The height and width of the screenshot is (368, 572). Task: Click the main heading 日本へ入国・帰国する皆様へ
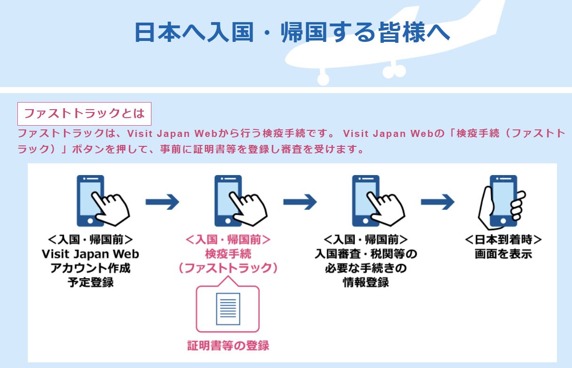pyautogui.click(x=292, y=32)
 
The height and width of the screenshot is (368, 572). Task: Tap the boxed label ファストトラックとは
pyautogui.click(x=84, y=113)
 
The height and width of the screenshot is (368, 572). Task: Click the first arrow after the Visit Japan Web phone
pyautogui.click(x=162, y=202)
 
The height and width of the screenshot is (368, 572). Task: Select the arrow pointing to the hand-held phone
pyautogui.click(x=437, y=202)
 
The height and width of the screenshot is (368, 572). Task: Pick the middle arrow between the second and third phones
pyautogui.click(x=300, y=202)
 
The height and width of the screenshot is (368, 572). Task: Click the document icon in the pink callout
pyautogui.click(x=228, y=309)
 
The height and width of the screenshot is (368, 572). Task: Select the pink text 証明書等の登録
pyautogui.click(x=228, y=345)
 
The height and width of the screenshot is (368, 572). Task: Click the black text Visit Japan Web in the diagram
pyautogui.click(x=90, y=254)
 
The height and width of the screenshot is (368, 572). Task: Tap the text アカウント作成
pyautogui.click(x=90, y=269)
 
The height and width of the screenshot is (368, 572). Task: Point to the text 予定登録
pyautogui.click(x=90, y=283)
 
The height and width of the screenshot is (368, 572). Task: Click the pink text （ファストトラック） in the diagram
pyautogui.click(x=228, y=268)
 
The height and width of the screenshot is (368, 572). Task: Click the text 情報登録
pyautogui.click(x=366, y=283)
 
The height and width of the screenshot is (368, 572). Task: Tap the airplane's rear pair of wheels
pyautogui.click(x=394, y=71)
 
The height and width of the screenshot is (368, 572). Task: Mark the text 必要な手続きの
pyautogui.click(x=366, y=269)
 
